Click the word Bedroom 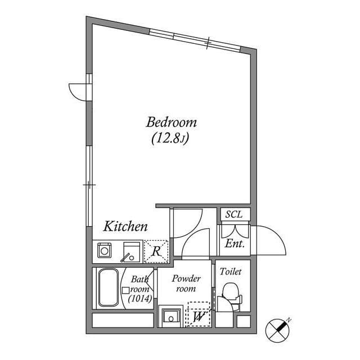pos(171,121)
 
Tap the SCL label pos(233,214)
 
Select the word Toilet pos(231,271)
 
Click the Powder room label pos(186,283)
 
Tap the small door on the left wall pos(79,90)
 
